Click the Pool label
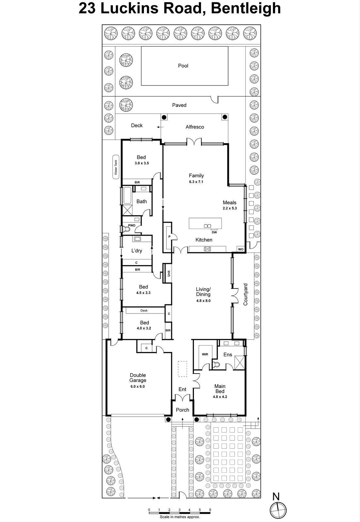[x=183, y=66]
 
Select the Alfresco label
[x=195, y=127]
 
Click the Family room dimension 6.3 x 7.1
[x=196, y=182]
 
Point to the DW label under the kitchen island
[x=214, y=232]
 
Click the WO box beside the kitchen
[x=241, y=249]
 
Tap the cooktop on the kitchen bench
[x=207, y=249]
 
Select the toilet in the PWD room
[x=127, y=229]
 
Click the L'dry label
[x=136, y=251]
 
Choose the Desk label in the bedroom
[x=144, y=311]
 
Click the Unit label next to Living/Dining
[x=169, y=273]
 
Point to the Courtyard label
[x=245, y=294]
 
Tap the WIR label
[x=205, y=354]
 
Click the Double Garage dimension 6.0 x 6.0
[x=137, y=386]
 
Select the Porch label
[x=182, y=410]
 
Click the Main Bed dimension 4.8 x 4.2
[x=220, y=397]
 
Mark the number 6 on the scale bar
[x=210, y=510]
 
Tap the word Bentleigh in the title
[x=246, y=8]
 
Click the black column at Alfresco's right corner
[x=225, y=117]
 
